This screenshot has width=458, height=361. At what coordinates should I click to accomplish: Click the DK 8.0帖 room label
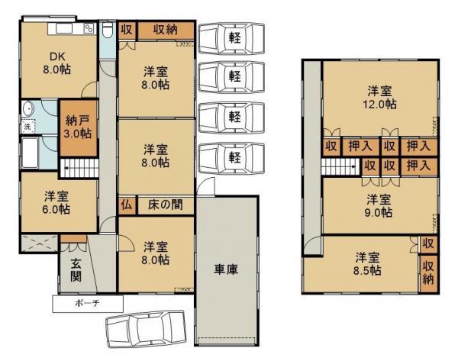click(57, 63)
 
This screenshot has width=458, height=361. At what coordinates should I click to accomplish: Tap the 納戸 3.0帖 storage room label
click(79, 127)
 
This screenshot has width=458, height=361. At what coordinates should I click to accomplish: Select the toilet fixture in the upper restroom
click(108, 31)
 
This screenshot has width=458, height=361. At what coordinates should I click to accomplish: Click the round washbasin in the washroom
click(28, 108)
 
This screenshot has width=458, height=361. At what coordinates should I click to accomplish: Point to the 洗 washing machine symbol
click(27, 127)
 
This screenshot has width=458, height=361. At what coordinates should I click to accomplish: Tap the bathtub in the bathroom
click(30, 153)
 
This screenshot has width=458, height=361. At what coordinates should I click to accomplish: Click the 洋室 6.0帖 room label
click(56, 203)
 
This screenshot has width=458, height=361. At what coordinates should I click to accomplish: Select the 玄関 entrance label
click(76, 270)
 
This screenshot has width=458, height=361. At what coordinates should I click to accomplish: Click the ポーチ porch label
click(87, 303)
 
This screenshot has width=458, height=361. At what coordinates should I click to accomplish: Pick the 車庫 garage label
click(226, 269)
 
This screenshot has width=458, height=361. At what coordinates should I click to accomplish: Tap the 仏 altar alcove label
click(126, 205)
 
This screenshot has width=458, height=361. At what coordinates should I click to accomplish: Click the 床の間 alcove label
click(165, 205)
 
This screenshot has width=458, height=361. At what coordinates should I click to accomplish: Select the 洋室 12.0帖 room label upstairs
click(379, 97)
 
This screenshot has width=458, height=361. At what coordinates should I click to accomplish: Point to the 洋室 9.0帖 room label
click(379, 206)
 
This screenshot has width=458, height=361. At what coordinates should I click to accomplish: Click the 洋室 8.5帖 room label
click(367, 264)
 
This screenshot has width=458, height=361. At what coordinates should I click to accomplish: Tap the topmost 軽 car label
click(235, 37)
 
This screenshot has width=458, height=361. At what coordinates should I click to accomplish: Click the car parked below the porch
click(146, 330)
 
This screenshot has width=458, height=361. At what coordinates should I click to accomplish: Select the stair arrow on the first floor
click(67, 168)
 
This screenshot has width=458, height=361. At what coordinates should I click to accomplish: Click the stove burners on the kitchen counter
click(89, 29)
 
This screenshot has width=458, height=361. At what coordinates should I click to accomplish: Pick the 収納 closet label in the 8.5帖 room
click(428, 274)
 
